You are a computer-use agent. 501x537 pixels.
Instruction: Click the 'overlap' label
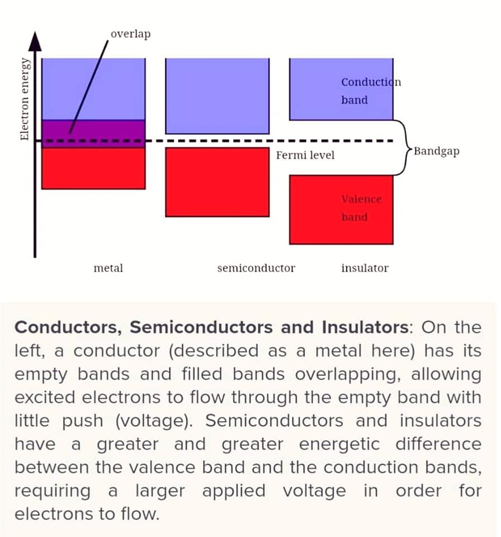click(130, 34)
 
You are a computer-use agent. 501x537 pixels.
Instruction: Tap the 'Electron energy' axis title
click(24, 99)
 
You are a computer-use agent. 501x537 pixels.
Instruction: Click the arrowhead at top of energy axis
click(35, 41)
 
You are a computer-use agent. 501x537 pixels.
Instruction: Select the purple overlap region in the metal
click(93, 134)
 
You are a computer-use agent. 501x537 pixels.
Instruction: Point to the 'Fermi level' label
click(305, 155)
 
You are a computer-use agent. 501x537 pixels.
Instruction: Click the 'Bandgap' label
click(437, 152)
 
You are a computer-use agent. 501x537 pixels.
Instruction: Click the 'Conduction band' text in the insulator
click(371, 91)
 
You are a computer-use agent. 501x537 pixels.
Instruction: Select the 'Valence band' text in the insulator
click(361, 208)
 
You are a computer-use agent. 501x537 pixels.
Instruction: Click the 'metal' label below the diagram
click(108, 268)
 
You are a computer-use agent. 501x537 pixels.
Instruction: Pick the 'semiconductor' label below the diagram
click(256, 268)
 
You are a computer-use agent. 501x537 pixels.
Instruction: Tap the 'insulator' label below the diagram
click(365, 268)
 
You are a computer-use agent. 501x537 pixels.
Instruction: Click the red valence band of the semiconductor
click(218, 182)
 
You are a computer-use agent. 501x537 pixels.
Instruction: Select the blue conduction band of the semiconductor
click(218, 96)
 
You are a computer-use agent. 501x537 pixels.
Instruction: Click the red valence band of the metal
click(93, 168)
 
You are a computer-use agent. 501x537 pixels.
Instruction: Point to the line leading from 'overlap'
click(89, 87)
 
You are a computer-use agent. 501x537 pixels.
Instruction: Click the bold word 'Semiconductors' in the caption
click(201, 327)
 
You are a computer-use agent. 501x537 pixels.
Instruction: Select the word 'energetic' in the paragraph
click(339, 445)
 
